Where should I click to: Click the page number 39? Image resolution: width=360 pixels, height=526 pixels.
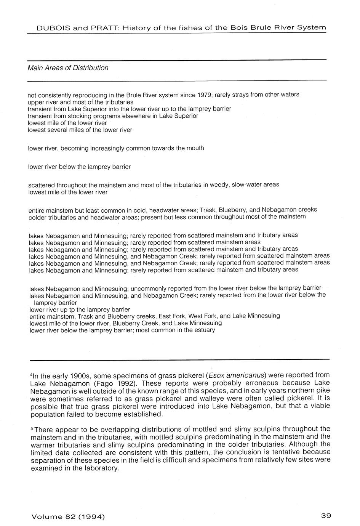point(326,516)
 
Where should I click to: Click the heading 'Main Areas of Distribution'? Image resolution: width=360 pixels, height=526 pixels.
point(68,68)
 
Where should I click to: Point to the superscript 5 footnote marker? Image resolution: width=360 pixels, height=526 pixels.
point(31,428)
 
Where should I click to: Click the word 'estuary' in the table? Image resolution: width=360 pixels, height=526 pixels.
point(204,330)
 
